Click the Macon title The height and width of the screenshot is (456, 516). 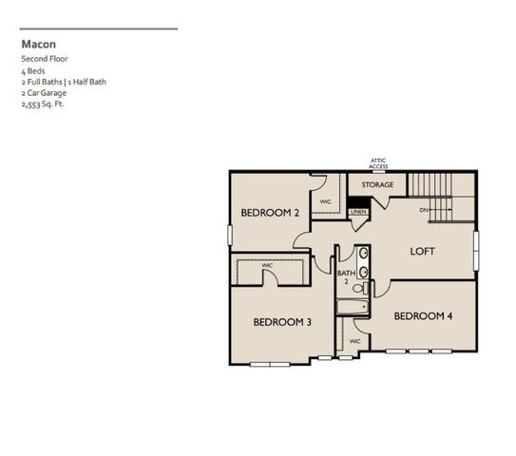click(x=39, y=44)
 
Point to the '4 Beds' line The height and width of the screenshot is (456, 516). click(x=34, y=70)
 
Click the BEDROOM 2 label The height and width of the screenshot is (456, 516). click(x=270, y=213)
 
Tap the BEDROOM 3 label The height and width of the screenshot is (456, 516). click(x=282, y=322)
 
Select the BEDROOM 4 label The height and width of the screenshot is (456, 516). click(x=423, y=316)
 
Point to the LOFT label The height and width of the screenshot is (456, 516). click(x=423, y=252)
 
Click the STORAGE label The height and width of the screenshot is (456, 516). click(x=377, y=184)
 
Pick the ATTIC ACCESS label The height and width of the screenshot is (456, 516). click(x=378, y=163)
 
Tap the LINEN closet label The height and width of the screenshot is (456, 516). click(x=358, y=212)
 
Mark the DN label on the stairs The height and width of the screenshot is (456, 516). click(x=423, y=209)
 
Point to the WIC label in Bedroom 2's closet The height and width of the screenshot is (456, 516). click(x=325, y=201)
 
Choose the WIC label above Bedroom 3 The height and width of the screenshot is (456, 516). click(x=267, y=265)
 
